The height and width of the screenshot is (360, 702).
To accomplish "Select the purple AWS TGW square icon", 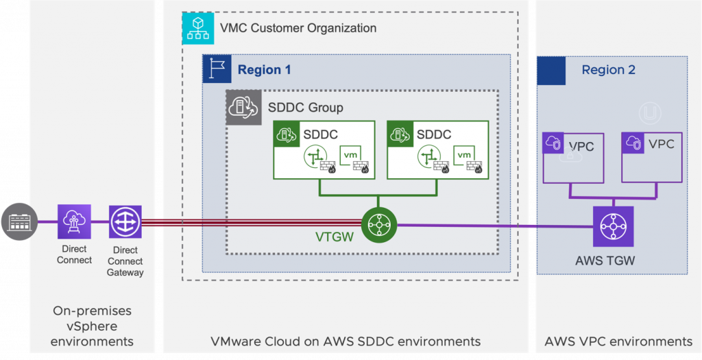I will pos(613,226).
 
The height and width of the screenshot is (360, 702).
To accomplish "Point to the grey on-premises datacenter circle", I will pos(19,221).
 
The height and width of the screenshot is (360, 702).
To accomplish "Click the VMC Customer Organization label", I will pos(298,28).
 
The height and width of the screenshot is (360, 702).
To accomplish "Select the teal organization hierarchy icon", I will pos(198,28).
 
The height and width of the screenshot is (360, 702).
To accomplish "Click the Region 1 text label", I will pos(264,70).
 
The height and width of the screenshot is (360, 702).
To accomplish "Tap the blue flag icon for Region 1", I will pos(217,69).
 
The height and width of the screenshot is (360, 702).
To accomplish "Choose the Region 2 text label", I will pos(608,70).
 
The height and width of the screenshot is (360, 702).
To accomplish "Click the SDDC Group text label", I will pos(305,108).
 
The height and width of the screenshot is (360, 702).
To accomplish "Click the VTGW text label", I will pos(335,238).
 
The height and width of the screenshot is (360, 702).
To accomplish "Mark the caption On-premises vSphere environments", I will pos(92,326).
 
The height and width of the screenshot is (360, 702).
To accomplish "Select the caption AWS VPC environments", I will pos(618,341).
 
